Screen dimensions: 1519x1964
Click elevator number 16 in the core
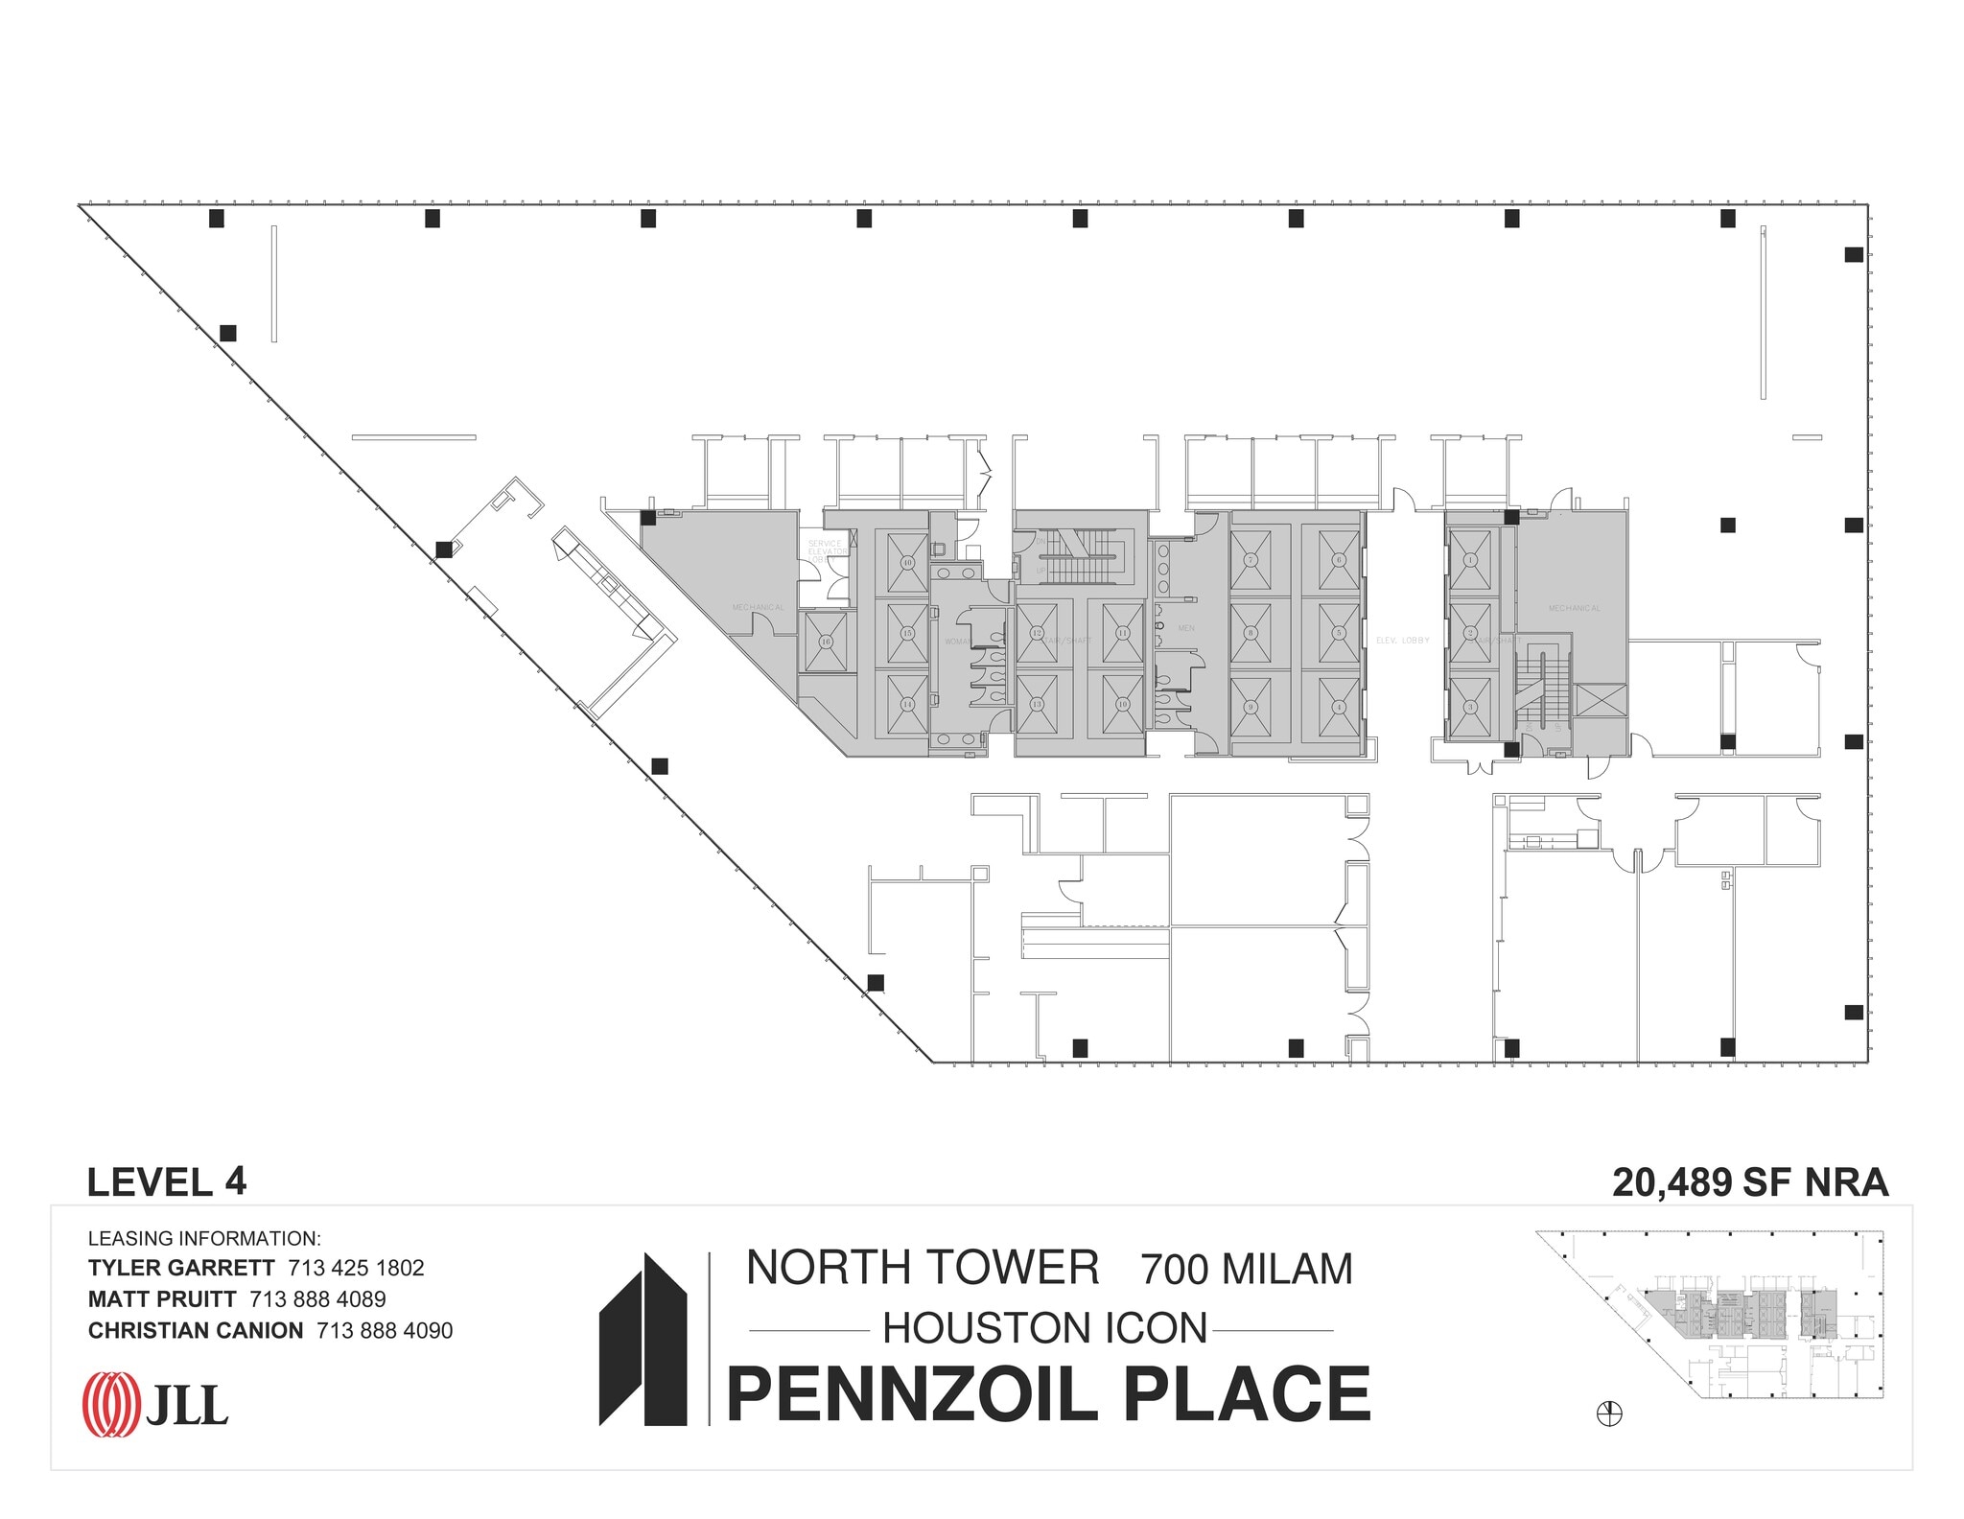[x=825, y=642]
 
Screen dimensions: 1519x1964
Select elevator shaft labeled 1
[x=1470, y=560]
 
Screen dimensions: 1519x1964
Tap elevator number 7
[x=1251, y=560]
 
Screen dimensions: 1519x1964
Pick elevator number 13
[x=1037, y=704]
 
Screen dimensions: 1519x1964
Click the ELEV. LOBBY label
[x=1402, y=641]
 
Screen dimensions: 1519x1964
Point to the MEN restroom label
[x=1185, y=628]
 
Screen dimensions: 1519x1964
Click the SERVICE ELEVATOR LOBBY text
[x=826, y=550]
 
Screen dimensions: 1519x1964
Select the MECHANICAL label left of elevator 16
[x=758, y=608]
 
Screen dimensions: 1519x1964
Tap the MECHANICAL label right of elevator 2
[x=1574, y=609]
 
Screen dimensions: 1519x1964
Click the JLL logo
[x=156, y=1405]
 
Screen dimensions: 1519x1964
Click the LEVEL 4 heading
[x=167, y=1182]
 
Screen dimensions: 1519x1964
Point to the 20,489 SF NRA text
[x=1749, y=1182]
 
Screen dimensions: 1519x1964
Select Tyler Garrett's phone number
[x=356, y=1268]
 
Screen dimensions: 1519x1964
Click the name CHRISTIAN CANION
[x=196, y=1331]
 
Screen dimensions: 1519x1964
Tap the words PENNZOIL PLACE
[x=1049, y=1395]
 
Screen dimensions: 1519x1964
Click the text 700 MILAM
[x=1246, y=1270]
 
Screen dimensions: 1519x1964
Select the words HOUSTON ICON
[x=1044, y=1329]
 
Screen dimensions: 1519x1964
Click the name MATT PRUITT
[x=162, y=1299]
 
